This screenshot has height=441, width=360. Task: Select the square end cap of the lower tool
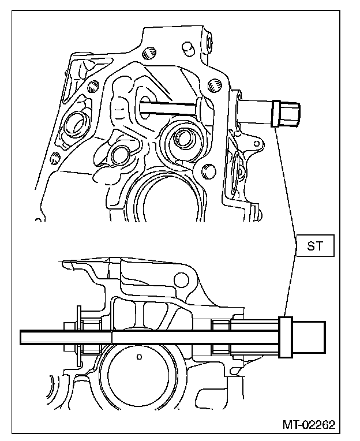point(311,337)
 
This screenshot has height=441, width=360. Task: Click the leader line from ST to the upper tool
point(286,179)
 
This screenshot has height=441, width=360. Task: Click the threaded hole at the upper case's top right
point(215,87)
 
